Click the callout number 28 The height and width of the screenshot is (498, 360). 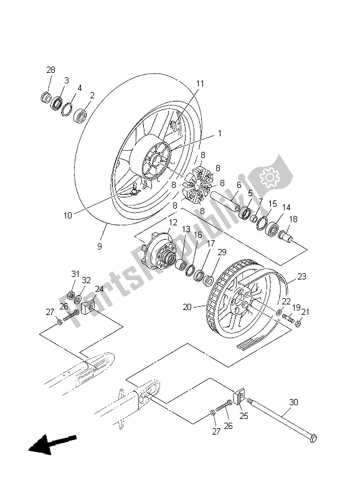point(50,69)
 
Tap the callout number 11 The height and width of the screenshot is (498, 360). point(200,83)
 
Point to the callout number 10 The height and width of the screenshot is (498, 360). point(68,215)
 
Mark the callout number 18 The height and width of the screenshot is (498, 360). point(293,219)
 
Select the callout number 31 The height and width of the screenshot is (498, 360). point(75,275)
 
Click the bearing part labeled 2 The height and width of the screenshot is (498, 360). point(80,116)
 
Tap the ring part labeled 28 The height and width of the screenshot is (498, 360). point(46,97)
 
